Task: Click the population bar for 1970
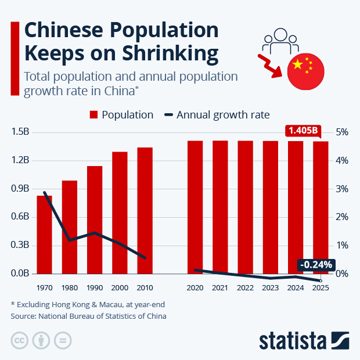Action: [44, 235]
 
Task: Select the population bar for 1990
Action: [95, 220]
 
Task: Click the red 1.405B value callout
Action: [302, 131]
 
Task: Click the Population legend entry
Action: [121, 115]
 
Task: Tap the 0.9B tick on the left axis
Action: [20, 189]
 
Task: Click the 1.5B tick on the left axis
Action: [20, 132]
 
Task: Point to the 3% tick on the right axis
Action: [342, 189]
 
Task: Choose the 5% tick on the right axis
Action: [342, 132]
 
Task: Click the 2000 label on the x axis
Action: [120, 287]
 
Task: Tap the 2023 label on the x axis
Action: [271, 287]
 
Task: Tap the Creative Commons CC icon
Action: [20, 340]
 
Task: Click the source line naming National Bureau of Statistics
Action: [88, 316]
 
